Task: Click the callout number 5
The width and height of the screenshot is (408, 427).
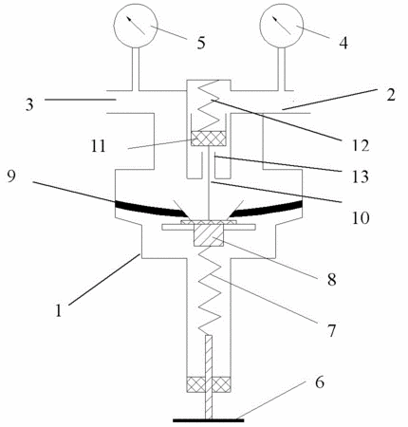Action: (x=201, y=43)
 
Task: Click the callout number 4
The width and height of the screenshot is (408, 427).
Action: (x=343, y=43)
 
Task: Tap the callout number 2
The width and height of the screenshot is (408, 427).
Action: (x=391, y=95)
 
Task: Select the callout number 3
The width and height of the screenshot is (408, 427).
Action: (x=29, y=104)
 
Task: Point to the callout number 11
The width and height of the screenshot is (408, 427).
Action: (x=98, y=146)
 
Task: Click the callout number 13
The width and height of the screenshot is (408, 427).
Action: (x=361, y=176)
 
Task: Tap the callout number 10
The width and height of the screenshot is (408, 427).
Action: (x=361, y=218)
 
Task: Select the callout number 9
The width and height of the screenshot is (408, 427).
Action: (x=10, y=176)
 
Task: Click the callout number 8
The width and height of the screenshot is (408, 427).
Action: (x=331, y=279)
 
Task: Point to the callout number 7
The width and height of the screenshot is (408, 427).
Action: (x=331, y=330)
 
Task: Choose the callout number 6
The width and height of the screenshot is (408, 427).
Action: (x=320, y=382)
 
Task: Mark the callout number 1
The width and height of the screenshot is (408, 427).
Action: (x=58, y=310)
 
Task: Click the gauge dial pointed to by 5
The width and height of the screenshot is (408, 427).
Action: (x=136, y=26)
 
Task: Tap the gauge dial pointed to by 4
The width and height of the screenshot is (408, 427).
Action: (x=282, y=26)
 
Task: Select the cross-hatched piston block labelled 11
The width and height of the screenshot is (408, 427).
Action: (x=208, y=139)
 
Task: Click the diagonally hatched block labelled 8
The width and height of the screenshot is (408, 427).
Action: (x=209, y=233)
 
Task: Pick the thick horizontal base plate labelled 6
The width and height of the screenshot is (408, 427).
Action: (x=209, y=420)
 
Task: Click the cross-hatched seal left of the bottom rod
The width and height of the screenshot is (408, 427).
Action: (x=196, y=384)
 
